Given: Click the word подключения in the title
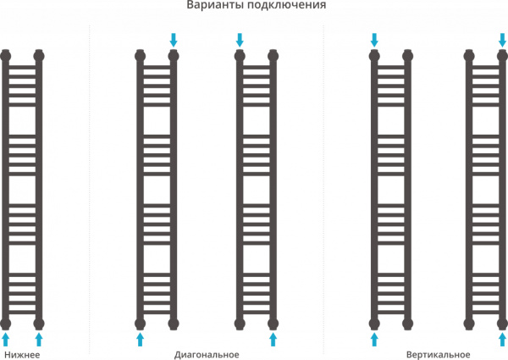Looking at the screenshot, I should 284,7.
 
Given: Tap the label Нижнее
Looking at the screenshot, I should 22,354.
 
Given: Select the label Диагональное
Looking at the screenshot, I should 207,354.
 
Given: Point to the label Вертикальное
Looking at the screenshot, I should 438,354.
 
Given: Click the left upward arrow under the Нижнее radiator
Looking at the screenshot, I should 7,339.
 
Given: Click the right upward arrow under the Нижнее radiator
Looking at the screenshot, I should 39,339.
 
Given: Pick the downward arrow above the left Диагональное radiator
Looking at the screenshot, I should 174,39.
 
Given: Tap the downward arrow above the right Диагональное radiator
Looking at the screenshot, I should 240,39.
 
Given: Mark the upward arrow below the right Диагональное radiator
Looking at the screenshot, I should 273,339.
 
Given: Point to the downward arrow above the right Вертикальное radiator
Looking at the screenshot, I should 501,39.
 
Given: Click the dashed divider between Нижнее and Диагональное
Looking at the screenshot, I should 90,186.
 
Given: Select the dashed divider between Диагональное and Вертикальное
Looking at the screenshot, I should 324,186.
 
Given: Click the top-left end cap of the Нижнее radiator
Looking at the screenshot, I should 7,56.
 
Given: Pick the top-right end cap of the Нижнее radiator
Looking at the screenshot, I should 39,56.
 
